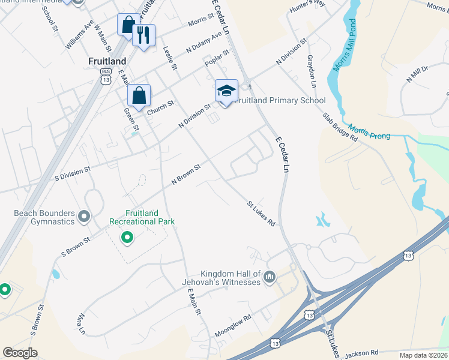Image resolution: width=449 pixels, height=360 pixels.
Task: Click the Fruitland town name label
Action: [x=107, y=61]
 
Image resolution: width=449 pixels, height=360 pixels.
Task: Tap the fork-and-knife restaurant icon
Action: [x=143, y=35]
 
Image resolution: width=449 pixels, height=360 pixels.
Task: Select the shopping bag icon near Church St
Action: [x=139, y=95]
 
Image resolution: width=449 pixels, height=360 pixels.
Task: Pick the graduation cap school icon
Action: [x=226, y=91]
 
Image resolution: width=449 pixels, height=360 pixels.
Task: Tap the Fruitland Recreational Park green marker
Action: [x=127, y=238]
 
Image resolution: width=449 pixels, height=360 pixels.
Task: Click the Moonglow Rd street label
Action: [x=232, y=326]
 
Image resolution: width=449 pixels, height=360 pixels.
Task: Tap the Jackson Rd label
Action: [x=361, y=353]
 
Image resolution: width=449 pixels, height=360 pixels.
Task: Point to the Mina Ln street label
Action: [x=81, y=323]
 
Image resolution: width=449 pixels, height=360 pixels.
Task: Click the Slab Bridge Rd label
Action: [x=340, y=127]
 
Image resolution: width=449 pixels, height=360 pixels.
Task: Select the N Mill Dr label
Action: [x=417, y=73]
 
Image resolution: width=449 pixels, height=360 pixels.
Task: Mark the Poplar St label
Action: [x=217, y=58]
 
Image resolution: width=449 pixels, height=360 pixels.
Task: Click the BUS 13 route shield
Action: [x=106, y=77]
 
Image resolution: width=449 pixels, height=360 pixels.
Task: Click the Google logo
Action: [x=20, y=353]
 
